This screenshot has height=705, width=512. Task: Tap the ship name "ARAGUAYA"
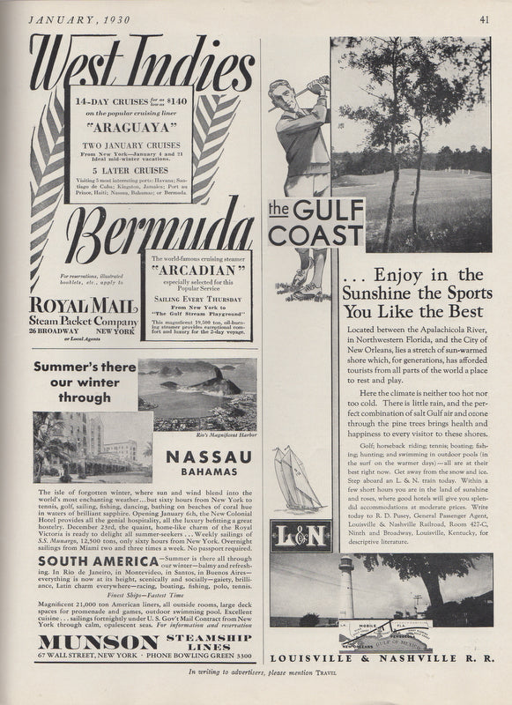[130, 125]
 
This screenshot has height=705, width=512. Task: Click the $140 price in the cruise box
[174, 102]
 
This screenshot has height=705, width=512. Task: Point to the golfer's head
[279, 91]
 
